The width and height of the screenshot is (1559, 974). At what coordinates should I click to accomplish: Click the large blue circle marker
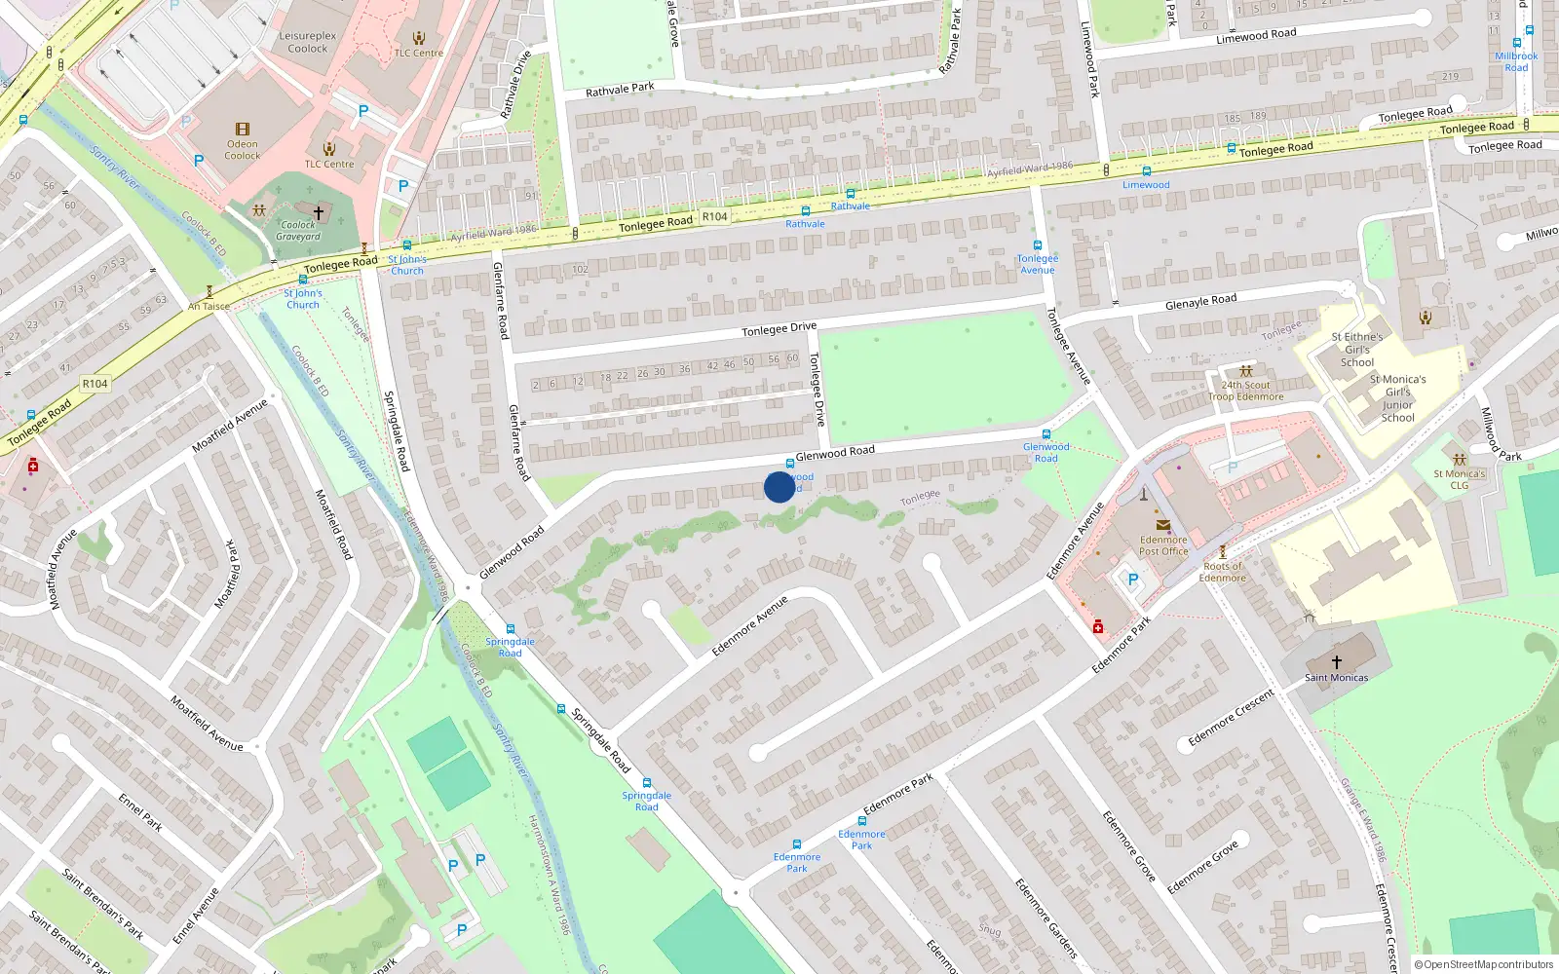(779, 487)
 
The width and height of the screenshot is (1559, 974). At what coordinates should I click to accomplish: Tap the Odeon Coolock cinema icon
(243, 130)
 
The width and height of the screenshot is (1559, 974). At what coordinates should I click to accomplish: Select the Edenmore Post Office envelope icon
(1162, 525)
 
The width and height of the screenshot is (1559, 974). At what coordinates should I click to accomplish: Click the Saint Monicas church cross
(1336, 662)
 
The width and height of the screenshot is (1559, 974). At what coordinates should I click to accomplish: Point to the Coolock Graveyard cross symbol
(318, 211)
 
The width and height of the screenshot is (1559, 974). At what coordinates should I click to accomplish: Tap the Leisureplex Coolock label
(308, 42)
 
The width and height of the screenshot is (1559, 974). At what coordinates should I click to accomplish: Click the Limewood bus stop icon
(1147, 171)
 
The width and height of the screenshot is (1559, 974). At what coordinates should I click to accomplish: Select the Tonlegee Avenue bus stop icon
(1038, 245)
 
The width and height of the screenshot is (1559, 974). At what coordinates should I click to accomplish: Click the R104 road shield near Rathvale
(714, 217)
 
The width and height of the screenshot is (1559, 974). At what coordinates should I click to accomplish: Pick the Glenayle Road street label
(1200, 302)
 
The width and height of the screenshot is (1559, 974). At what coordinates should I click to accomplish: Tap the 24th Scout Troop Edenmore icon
(1245, 371)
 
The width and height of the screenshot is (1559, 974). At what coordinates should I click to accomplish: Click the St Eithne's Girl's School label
(1357, 350)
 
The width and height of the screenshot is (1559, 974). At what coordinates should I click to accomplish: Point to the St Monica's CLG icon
(1459, 460)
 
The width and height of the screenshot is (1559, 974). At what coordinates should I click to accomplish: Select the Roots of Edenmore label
(1222, 572)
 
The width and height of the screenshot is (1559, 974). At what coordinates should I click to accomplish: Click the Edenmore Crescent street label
(1231, 718)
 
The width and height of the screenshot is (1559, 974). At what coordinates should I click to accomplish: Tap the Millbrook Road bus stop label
(1516, 61)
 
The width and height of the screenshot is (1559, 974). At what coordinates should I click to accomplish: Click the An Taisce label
(209, 306)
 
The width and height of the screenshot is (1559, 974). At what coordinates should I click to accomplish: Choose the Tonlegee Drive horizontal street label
(779, 329)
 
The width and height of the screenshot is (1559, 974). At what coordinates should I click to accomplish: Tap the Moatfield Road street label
(333, 523)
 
